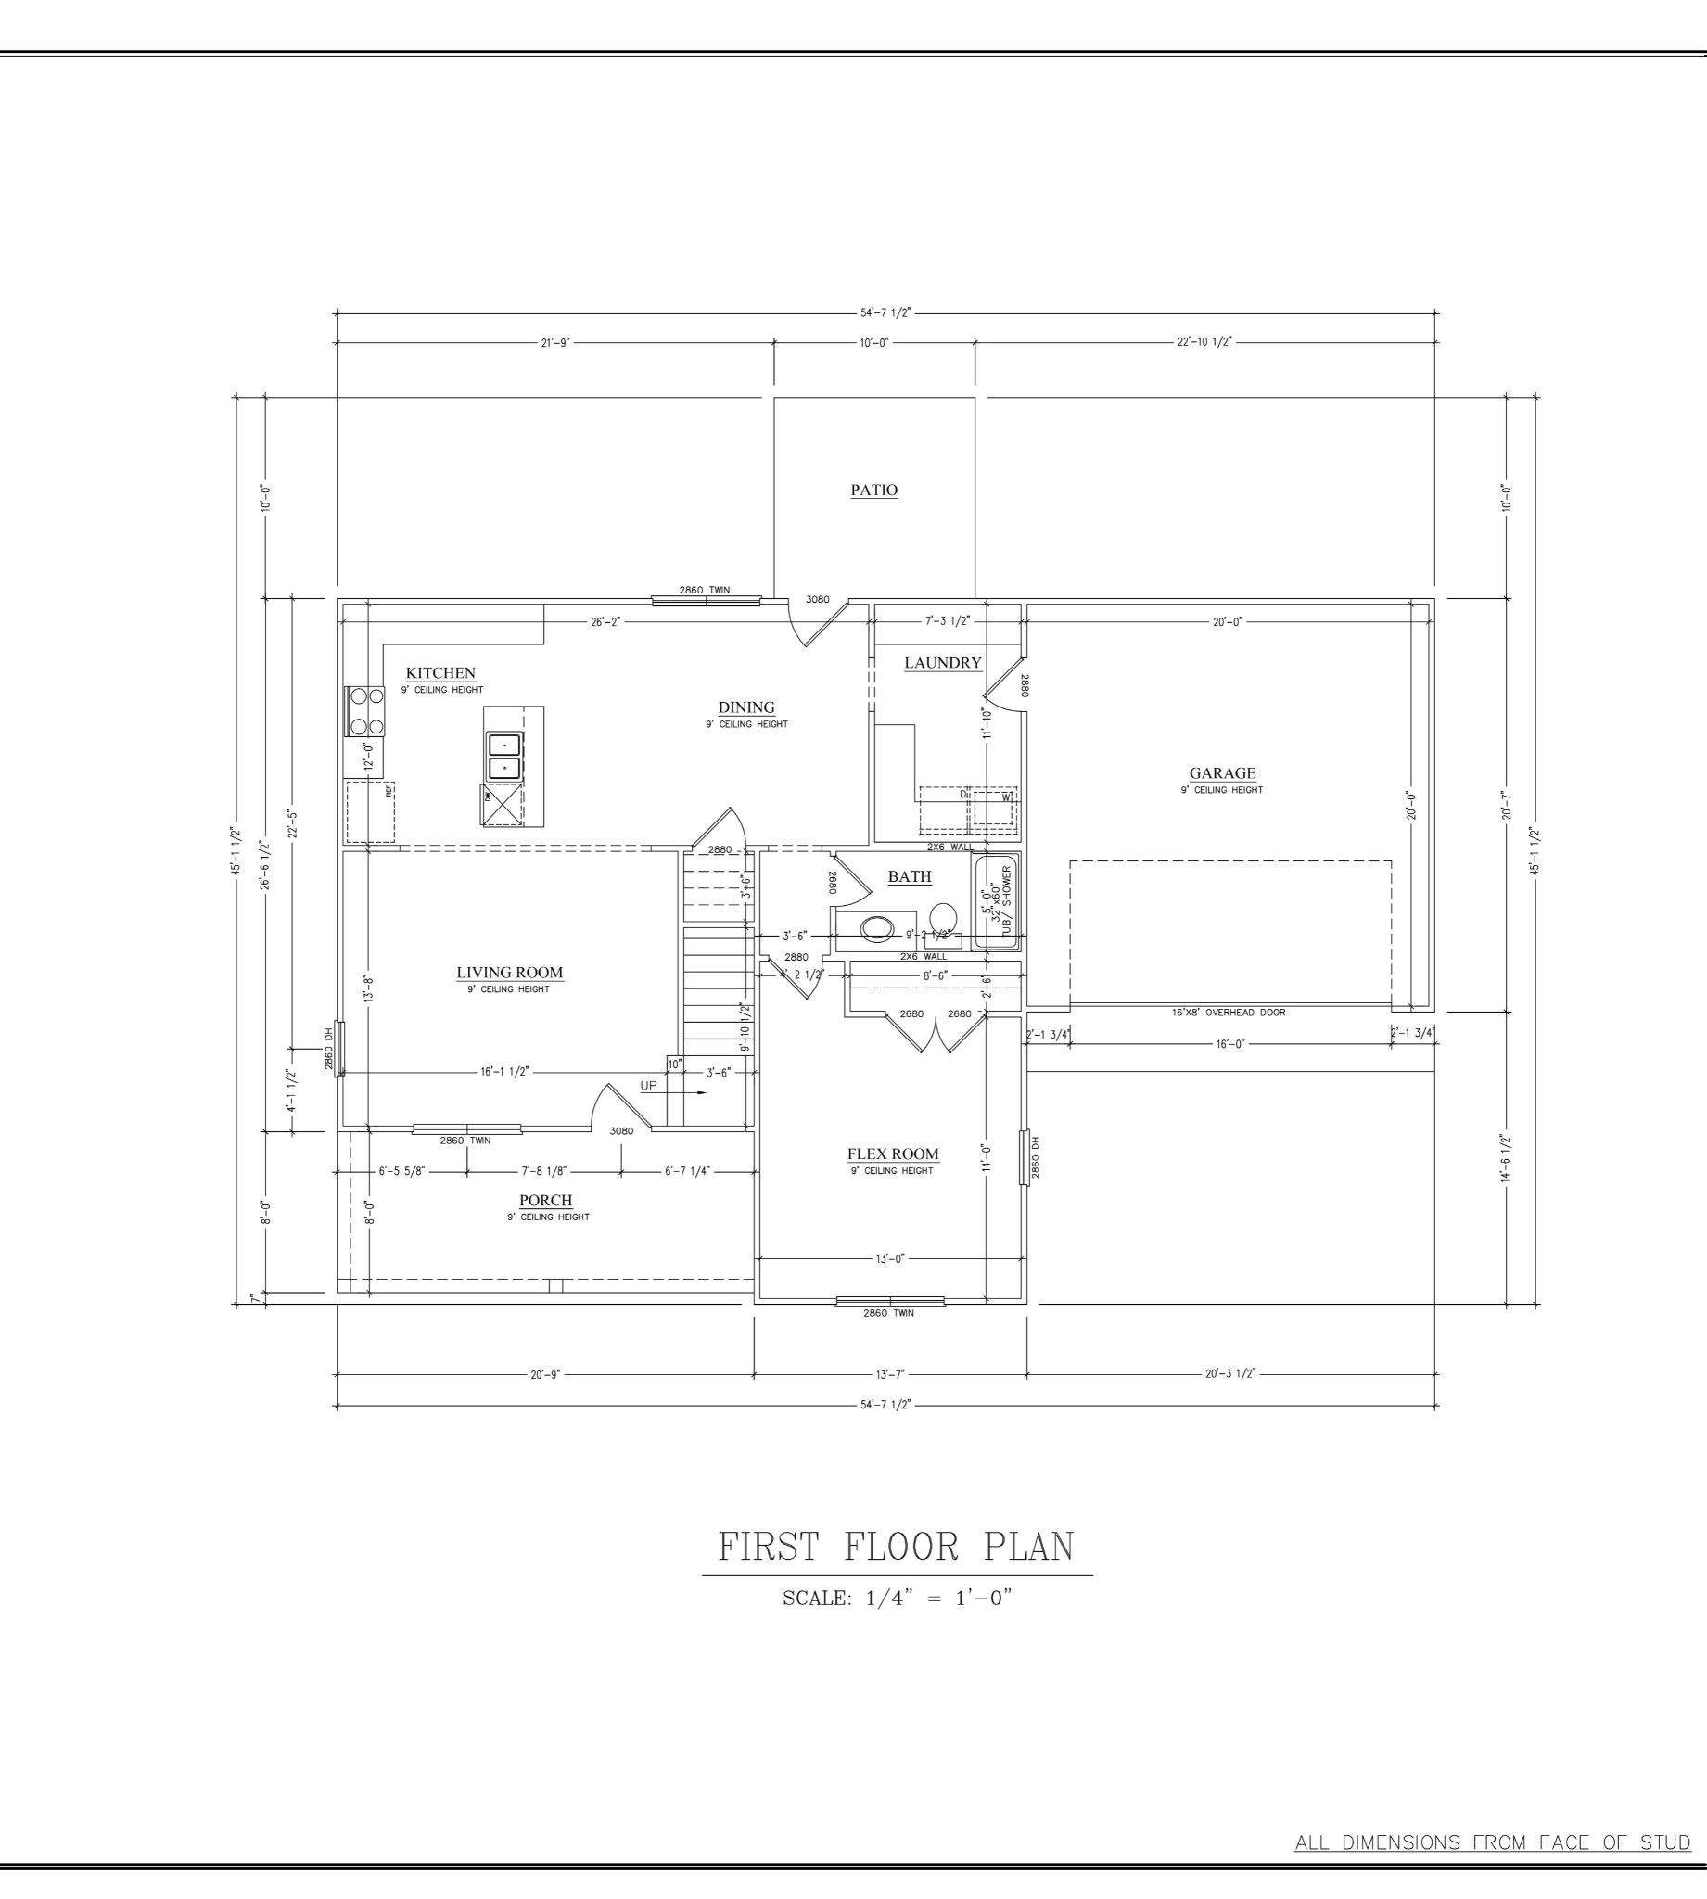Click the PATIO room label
point(873,490)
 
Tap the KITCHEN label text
point(439,673)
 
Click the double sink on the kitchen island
point(504,756)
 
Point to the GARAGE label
point(1221,773)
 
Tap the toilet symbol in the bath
point(943,915)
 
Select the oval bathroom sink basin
point(878,929)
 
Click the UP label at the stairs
point(648,1086)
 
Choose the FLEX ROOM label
point(892,1154)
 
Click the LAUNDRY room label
point(943,663)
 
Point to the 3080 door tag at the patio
point(817,599)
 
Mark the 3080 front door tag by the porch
point(621,1131)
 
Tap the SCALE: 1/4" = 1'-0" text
point(897,1598)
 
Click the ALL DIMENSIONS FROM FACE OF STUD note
point(1492,1842)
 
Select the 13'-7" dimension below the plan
point(889,1374)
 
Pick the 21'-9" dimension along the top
point(554,342)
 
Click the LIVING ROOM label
point(509,973)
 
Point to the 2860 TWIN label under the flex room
point(888,1313)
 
